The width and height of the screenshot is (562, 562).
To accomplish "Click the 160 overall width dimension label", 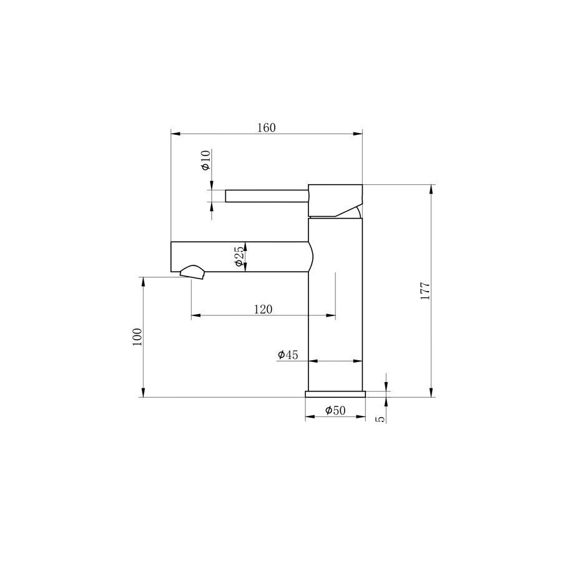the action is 267,127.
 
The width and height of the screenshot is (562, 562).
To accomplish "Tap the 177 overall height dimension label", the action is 425,291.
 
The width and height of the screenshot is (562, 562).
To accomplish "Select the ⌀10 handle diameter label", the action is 205,160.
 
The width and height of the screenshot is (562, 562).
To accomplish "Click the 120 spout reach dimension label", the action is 263,309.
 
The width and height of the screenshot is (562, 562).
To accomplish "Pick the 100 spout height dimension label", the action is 137,337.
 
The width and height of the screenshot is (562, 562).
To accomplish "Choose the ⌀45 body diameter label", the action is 288,355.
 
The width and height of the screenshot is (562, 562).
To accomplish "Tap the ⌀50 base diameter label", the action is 335,410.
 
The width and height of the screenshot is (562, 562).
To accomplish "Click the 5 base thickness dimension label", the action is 382,419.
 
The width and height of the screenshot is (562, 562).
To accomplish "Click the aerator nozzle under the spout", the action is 192,272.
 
